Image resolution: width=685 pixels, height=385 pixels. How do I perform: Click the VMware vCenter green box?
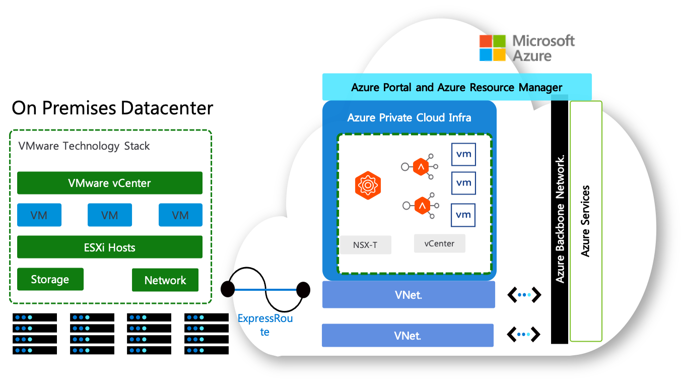[x=110, y=183]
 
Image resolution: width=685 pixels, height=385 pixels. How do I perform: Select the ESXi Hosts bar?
[x=110, y=247]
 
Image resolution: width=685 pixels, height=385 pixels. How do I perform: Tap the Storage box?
[x=50, y=279]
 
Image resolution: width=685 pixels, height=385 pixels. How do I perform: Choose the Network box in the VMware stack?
[x=165, y=280]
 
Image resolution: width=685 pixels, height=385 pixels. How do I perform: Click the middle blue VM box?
[x=110, y=215]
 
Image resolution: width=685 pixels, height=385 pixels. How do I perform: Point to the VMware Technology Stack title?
[x=84, y=146]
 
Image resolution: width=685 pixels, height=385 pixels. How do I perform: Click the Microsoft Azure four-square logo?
[x=493, y=48]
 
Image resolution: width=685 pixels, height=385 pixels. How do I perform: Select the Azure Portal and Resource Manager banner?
[x=456, y=87]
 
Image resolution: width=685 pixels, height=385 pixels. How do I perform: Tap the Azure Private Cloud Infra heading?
[x=409, y=117]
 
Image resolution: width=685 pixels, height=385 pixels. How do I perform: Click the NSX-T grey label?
[x=365, y=245]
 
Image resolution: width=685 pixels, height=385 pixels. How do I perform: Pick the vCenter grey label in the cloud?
[x=439, y=243]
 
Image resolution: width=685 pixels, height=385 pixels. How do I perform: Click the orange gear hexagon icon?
[x=367, y=185]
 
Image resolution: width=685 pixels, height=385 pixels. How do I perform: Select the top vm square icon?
[x=463, y=154]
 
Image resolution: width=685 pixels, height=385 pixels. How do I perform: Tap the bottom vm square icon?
[x=463, y=215]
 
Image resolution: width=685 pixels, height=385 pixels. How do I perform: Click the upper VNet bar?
[x=408, y=294]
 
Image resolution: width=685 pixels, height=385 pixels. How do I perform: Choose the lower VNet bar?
[x=407, y=335]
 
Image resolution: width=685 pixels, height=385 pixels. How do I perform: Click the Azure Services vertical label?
[x=585, y=221]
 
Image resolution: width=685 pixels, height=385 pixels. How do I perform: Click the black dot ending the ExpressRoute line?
[x=303, y=289]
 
